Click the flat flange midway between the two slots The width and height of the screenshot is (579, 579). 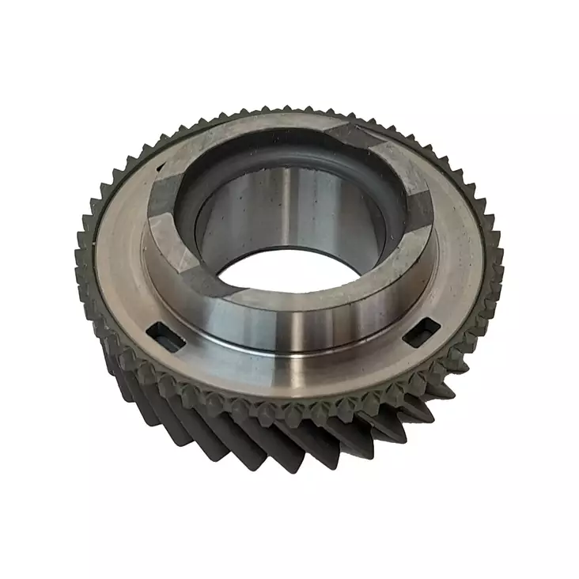coord(293,372)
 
